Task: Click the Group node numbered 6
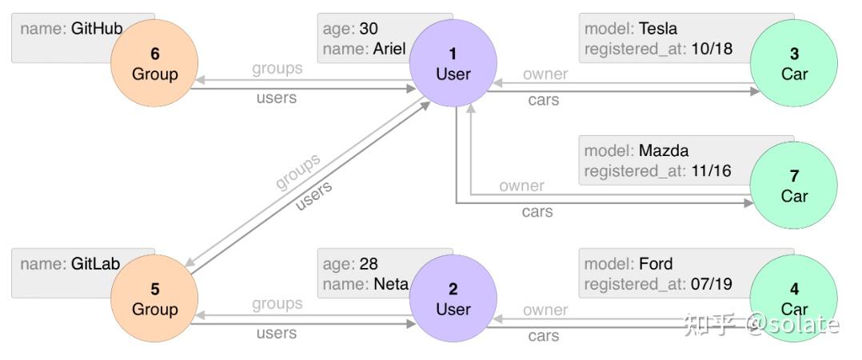(x=154, y=64)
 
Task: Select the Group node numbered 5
(x=154, y=299)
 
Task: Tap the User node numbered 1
(x=453, y=64)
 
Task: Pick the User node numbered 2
(x=453, y=299)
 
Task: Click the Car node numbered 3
(x=794, y=64)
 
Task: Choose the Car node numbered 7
(x=794, y=186)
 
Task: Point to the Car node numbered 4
(x=794, y=299)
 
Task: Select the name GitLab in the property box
(x=94, y=264)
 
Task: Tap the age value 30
(x=369, y=30)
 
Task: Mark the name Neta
(x=390, y=284)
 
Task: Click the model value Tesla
(x=657, y=30)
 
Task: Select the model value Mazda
(x=663, y=150)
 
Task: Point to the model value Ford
(x=655, y=264)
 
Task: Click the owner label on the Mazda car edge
(x=521, y=186)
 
